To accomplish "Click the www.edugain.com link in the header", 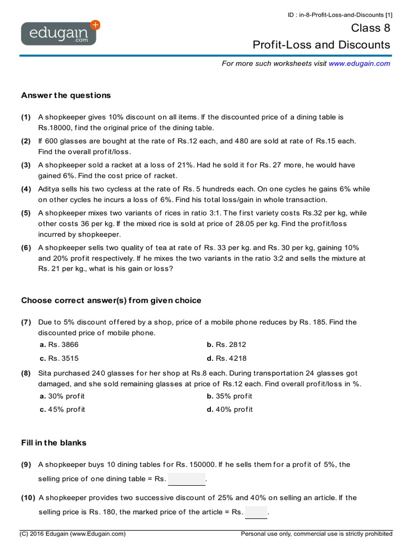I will [x=359, y=63].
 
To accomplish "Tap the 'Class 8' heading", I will [x=371, y=28].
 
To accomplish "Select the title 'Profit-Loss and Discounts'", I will [x=321, y=44].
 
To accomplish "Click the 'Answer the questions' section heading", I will [x=66, y=95].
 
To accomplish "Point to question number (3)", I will [x=26, y=165].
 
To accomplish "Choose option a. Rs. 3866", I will [x=59, y=345].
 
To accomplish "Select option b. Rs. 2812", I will [x=226, y=345].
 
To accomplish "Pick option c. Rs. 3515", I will [x=59, y=358].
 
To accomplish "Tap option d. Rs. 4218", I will [x=226, y=358].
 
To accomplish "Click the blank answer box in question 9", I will [x=187, y=479].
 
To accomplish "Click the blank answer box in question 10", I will [x=256, y=512].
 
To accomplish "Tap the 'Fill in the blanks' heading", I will [x=54, y=443].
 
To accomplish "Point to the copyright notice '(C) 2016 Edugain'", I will [x=73, y=534].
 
